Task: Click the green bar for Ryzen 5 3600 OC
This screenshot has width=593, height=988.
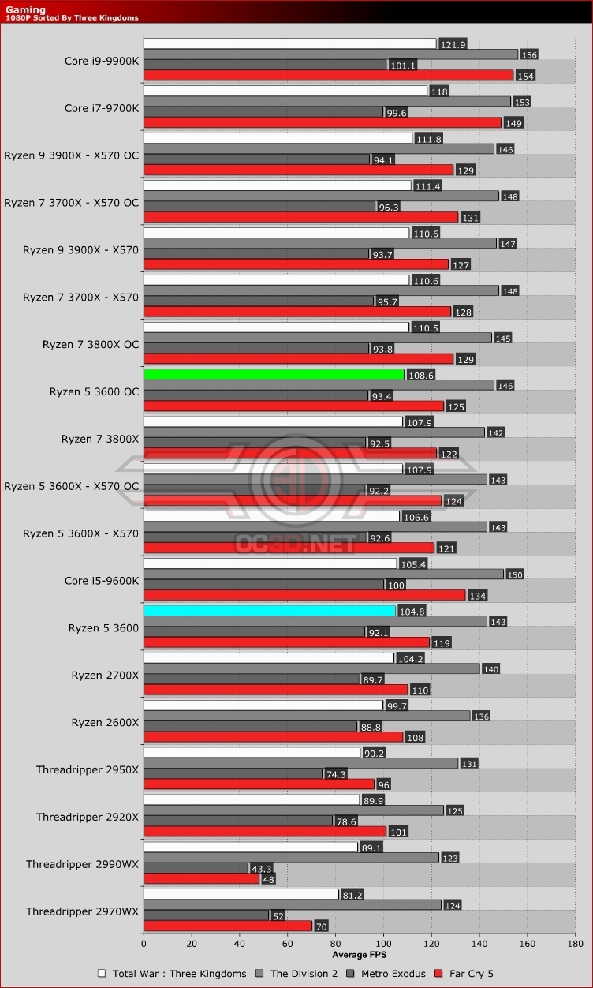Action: (x=274, y=374)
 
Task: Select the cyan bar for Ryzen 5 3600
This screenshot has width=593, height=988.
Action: (x=270, y=611)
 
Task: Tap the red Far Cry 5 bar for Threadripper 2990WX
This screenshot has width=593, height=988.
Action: (x=201, y=879)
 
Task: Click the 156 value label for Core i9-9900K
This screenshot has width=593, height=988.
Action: (x=529, y=54)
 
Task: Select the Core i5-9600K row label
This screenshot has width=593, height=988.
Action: (x=102, y=581)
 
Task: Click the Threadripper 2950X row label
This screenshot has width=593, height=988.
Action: (x=88, y=769)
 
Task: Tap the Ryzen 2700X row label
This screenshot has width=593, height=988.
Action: (x=105, y=676)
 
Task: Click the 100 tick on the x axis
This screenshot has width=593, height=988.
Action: (x=383, y=943)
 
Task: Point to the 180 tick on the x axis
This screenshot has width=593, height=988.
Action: (x=575, y=943)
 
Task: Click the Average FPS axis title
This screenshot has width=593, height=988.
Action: (x=360, y=955)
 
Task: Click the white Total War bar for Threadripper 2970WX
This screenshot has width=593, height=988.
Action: (x=241, y=895)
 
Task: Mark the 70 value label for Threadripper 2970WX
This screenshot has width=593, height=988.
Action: (x=321, y=926)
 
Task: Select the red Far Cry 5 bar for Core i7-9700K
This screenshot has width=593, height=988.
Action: (x=322, y=122)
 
